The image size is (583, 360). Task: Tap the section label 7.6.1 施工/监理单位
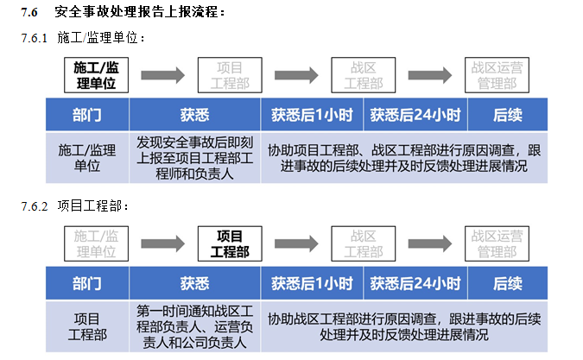click(82, 39)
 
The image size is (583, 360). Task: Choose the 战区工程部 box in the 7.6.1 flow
click(363, 75)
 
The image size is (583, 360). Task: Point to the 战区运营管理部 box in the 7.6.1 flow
click(497, 75)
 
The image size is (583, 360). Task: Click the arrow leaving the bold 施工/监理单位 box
click(163, 75)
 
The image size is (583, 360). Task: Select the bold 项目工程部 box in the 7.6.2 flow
click(230, 244)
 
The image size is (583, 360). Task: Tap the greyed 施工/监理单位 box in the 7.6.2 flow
click(96, 244)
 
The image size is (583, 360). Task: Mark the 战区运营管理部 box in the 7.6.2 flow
click(497, 244)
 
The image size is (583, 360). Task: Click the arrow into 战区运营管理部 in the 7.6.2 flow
click(431, 244)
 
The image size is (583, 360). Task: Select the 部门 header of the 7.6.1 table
click(86, 114)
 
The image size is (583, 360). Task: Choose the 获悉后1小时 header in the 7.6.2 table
click(312, 283)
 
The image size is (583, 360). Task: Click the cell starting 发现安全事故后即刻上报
click(194, 156)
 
